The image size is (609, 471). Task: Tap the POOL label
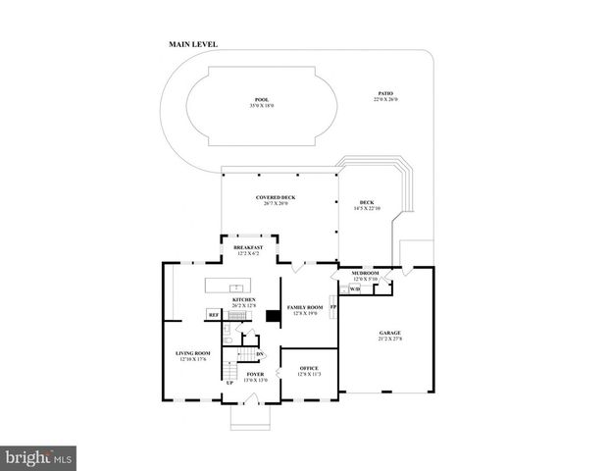[x=261, y=100]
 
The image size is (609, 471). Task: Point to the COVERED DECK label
[x=276, y=197]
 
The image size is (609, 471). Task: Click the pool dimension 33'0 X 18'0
[x=261, y=106]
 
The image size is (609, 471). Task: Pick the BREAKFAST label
[x=247, y=247]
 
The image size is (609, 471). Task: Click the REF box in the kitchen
[x=213, y=315]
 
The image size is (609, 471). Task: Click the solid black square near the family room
[x=274, y=317]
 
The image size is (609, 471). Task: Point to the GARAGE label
[x=389, y=334]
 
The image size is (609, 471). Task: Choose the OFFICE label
[x=309, y=369]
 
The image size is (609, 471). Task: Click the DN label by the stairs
[x=260, y=354]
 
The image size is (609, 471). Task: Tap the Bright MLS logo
[x=39, y=458]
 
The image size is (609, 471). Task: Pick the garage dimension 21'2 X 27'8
[x=389, y=340]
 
